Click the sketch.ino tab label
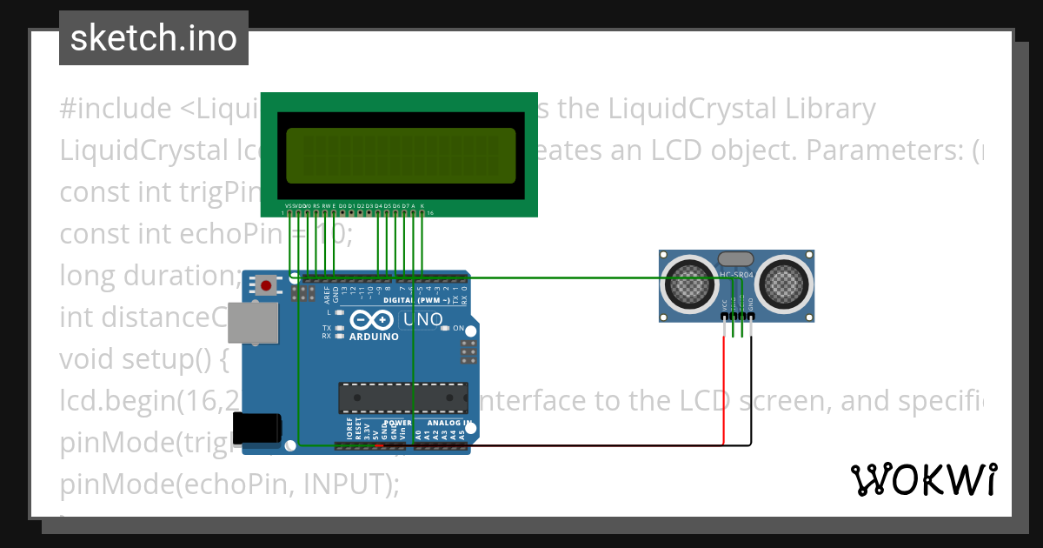(x=153, y=38)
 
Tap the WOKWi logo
(x=923, y=479)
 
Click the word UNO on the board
(x=425, y=320)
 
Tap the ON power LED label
(x=470, y=329)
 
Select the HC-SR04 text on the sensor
(x=738, y=275)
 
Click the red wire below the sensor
(x=723, y=391)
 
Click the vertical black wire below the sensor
(x=751, y=391)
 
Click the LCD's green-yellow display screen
(x=401, y=154)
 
